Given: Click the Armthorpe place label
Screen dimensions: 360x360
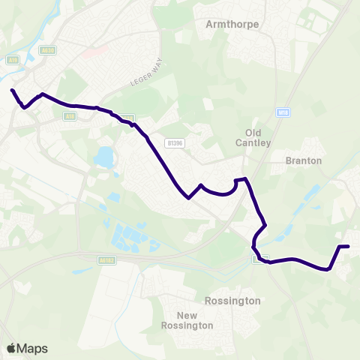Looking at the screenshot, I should click(x=232, y=24).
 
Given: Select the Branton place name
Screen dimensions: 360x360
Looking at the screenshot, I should click(x=304, y=160).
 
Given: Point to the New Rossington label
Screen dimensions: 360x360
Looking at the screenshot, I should click(x=187, y=320).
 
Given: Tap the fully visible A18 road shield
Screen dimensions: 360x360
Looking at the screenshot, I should click(x=69, y=116).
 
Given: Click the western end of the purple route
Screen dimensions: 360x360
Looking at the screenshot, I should click(x=12, y=91).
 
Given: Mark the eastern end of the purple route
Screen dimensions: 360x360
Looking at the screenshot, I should click(x=348, y=246).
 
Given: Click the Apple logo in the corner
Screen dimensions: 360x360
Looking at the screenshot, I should click(x=11, y=348).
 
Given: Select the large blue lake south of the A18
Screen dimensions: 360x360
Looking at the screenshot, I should click(x=103, y=157).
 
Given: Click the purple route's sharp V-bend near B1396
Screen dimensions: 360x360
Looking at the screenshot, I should click(x=188, y=198).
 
